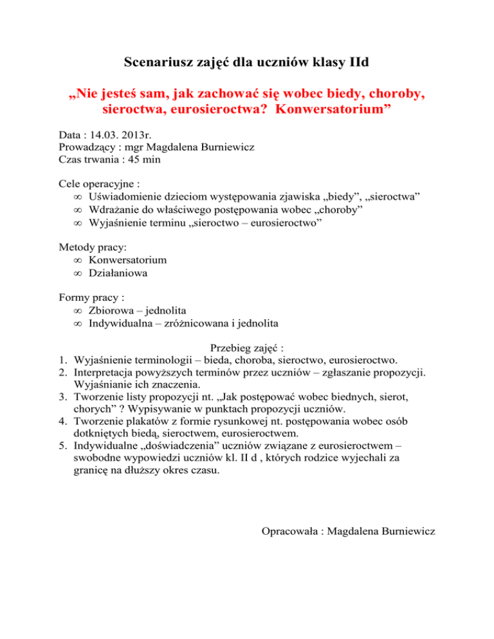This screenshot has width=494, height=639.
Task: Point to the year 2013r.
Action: click(x=136, y=134)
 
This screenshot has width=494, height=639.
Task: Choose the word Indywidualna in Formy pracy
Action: click(x=121, y=322)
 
